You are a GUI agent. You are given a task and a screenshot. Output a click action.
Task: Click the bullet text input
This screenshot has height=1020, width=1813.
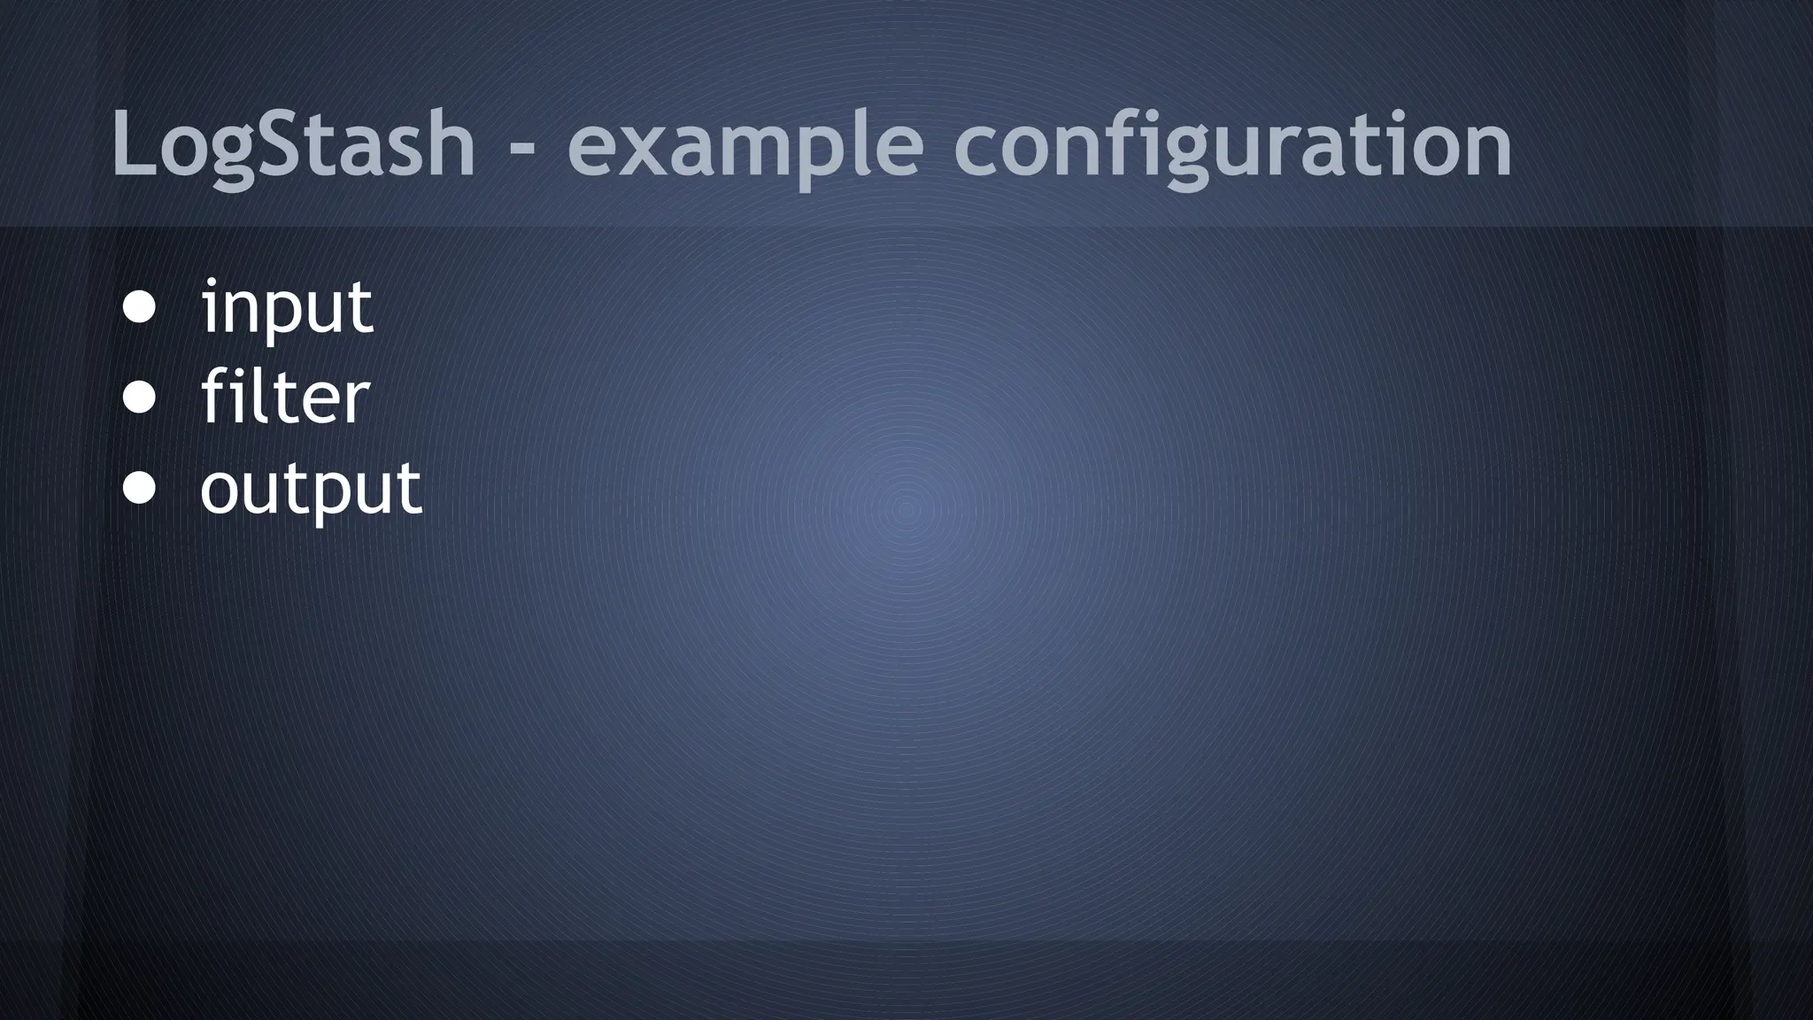pyautogui.click(x=288, y=307)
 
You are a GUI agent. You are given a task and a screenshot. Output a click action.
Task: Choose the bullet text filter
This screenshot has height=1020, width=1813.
pyautogui.click(x=285, y=398)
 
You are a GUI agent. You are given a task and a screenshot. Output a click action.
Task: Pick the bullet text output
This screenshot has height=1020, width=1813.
pyautogui.click(x=311, y=488)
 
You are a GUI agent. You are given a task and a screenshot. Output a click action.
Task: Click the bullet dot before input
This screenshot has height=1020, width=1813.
pyautogui.click(x=140, y=307)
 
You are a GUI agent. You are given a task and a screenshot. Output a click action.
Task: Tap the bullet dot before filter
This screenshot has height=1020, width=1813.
pyautogui.click(x=140, y=398)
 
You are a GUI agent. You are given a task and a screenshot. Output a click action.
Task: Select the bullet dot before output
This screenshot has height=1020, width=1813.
pyautogui.click(x=140, y=488)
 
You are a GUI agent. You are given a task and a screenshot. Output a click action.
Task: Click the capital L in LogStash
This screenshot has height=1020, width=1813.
pyautogui.click(x=133, y=143)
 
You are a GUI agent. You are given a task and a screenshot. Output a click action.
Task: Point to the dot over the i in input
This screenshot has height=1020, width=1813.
pyautogui.click(x=211, y=283)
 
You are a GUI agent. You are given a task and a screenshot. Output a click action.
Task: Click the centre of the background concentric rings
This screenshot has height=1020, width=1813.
pyautogui.click(x=906, y=509)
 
